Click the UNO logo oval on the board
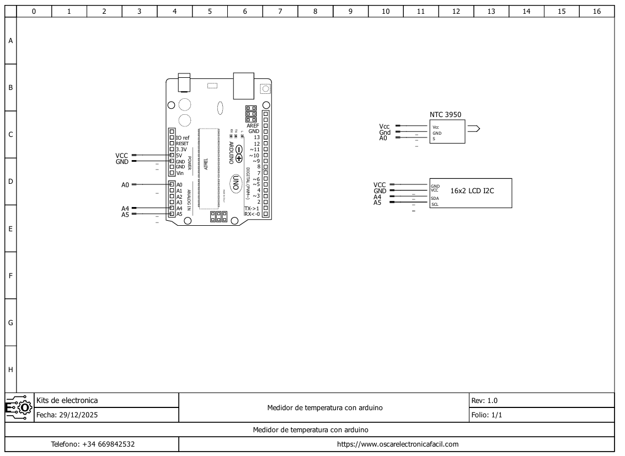(236, 183)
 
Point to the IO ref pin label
(182, 137)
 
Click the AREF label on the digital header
(253, 125)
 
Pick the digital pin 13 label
(257, 137)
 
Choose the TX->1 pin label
(252, 208)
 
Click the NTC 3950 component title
(445, 115)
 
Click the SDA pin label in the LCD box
(435, 198)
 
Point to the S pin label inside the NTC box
(434, 139)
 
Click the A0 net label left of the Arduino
(125, 185)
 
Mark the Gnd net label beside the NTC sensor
(384, 132)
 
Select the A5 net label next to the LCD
(377, 203)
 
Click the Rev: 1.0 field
(484, 401)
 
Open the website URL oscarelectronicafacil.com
(397, 444)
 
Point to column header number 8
(315, 11)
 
